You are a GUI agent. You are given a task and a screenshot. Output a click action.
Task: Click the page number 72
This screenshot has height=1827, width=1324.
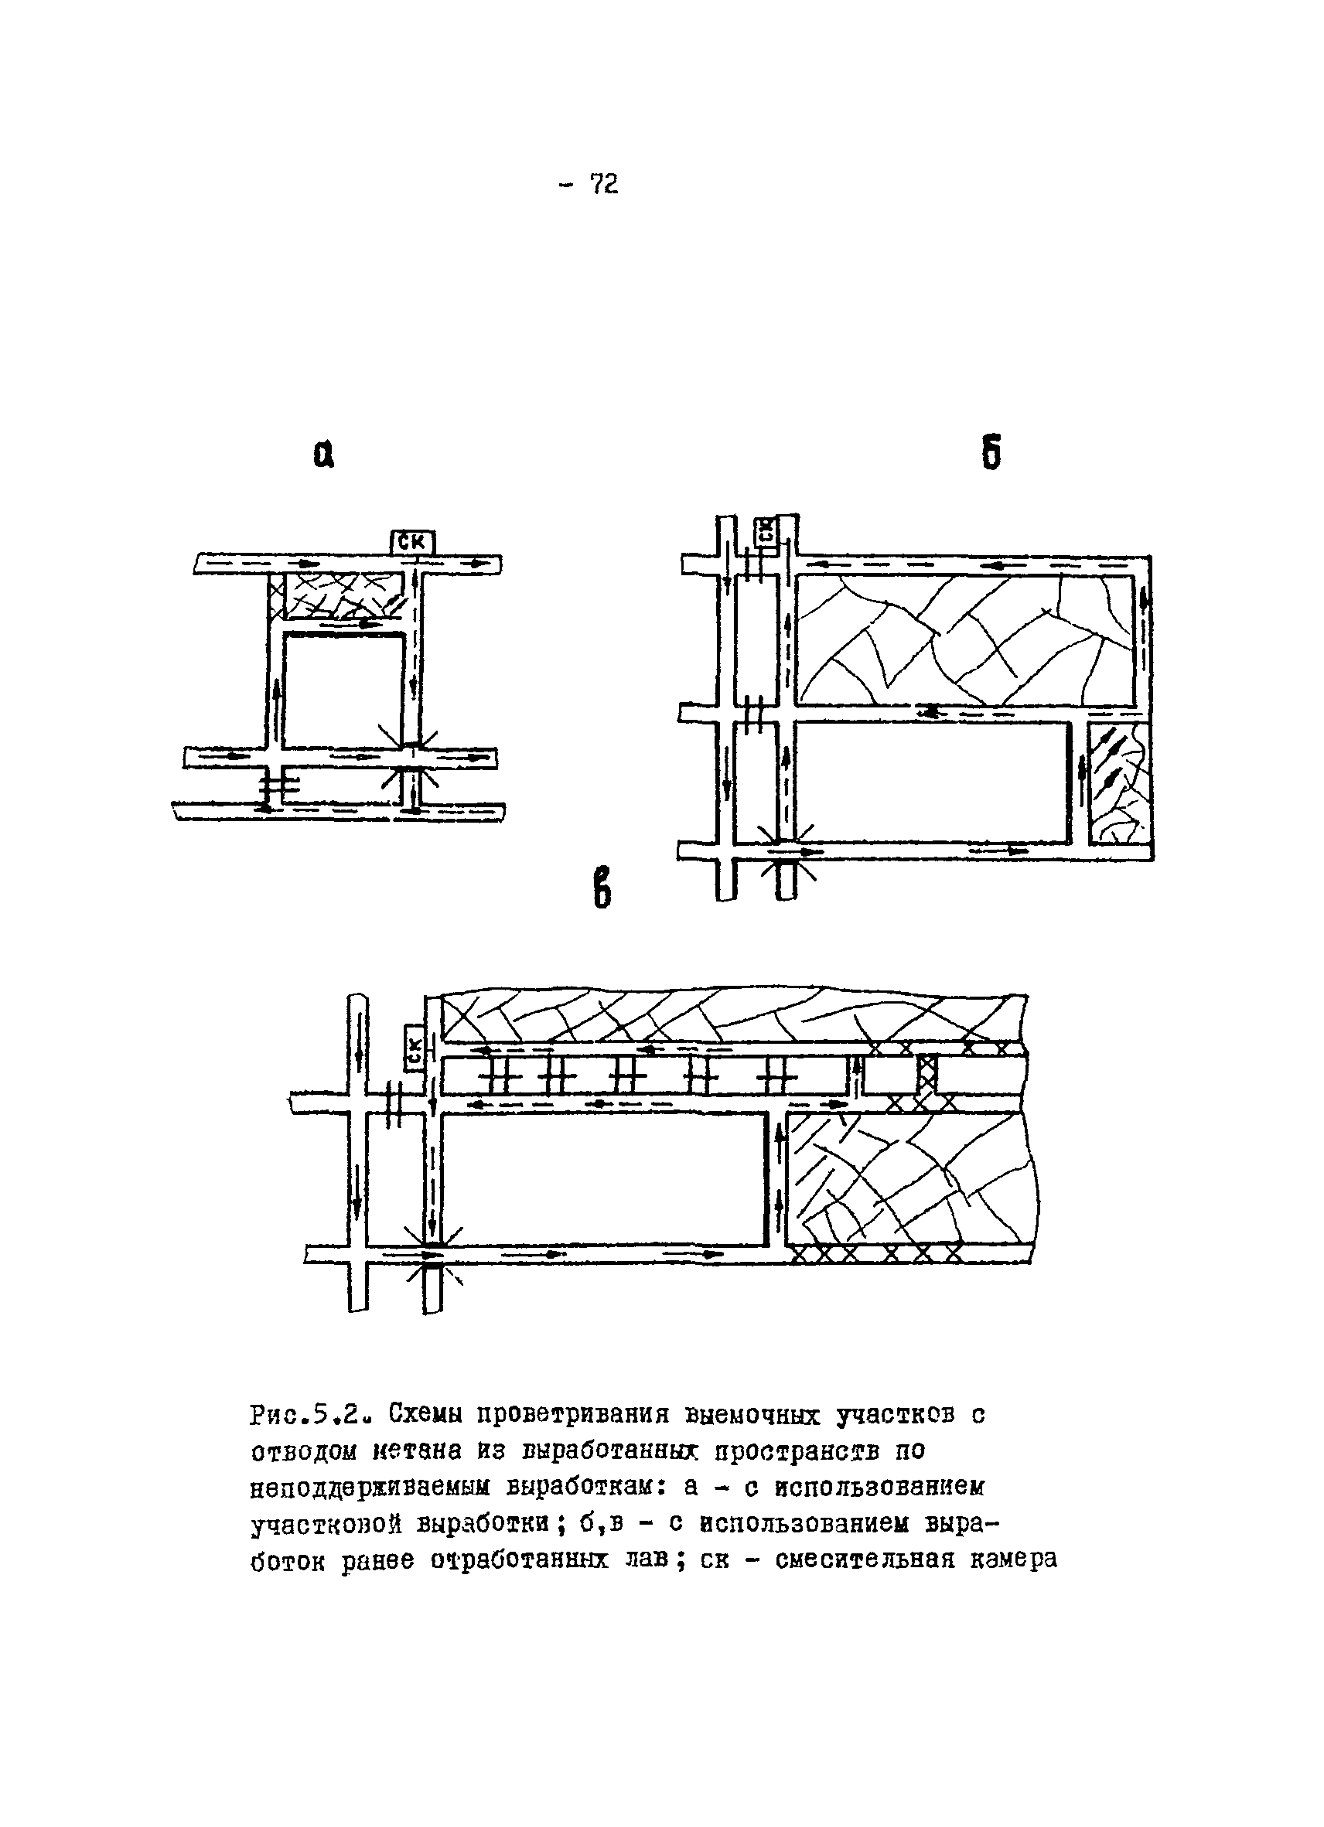pos(603,186)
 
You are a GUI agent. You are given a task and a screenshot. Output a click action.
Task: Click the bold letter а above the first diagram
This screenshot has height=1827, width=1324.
pos(324,457)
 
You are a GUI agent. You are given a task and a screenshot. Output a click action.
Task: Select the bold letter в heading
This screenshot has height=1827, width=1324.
pos(602,887)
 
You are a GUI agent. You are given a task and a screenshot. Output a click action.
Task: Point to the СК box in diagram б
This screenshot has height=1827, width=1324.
pos(766,531)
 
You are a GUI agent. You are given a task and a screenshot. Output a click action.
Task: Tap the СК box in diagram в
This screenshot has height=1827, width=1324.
pos(415,1046)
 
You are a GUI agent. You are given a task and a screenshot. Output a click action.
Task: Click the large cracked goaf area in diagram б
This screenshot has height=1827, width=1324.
pos(964,639)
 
